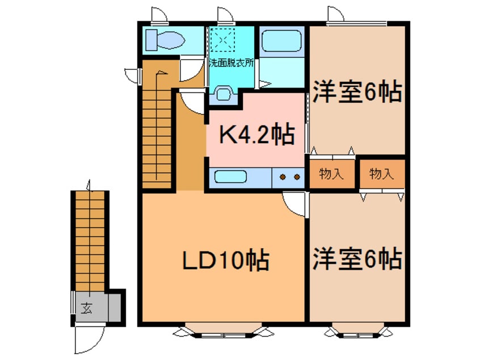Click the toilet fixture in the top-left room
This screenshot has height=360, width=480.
[163, 40]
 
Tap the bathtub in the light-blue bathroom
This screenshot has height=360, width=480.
[283, 41]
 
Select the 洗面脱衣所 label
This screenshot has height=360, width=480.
[231, 62]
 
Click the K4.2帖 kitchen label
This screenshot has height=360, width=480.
[256, 135]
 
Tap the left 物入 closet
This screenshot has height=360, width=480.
[332, 174]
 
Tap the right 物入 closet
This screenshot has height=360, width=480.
[381, 174]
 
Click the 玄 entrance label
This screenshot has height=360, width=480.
[86, 309]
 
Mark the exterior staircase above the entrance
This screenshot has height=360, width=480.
[90, 238]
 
